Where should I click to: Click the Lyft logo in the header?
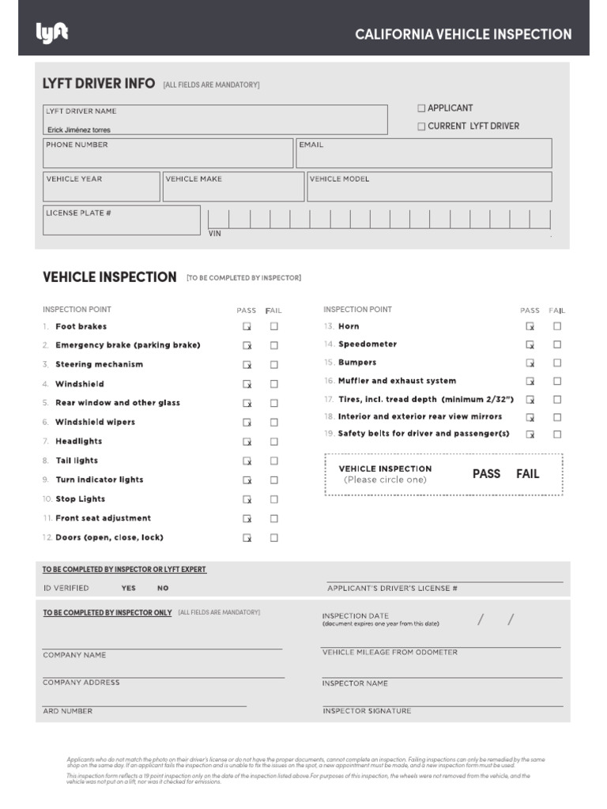coord(52,33)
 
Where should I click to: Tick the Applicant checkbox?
coord(421,108)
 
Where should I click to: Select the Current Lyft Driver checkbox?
coord(421,126)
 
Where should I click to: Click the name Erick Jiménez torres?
coord(78,130)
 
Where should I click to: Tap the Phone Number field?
coord(168,154)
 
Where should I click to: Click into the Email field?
coord(424,154)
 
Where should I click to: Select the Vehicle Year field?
coord(101,187)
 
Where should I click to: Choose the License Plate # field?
coord(121,220)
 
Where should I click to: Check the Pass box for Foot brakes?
coord(247,326)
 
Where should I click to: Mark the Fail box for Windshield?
coord(274,384)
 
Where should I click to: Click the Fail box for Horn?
coord(557,326)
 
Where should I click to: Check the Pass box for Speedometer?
coord(530,344)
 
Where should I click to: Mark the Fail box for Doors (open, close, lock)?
coord(274,538)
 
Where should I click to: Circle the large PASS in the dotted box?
coord(486,474)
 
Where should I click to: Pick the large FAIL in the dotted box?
coord(527,474)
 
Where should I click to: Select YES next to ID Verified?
coord(128,589)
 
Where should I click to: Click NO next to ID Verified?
coord(163,589)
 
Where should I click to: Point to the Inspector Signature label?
coord(367,711)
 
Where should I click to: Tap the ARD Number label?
coord(67,711)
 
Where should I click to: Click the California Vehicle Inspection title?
coord(463,35)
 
